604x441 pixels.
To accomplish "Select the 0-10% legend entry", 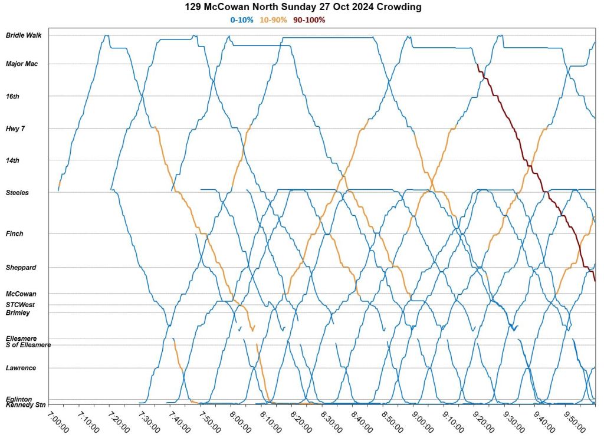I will tap(242, 20).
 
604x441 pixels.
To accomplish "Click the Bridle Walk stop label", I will tap(24, 35).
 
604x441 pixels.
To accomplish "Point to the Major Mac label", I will tap(22, 64).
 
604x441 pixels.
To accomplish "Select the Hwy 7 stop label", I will tap(15, 129).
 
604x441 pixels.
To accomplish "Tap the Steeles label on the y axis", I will tap(17, 193).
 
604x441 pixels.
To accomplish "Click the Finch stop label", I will tap(15, 234).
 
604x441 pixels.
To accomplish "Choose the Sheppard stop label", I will tap(21, 268).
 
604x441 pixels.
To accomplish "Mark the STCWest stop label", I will tap(21, 305).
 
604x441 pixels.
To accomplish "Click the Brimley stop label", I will tap(18, 313).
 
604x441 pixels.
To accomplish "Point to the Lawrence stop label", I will tap(21, 368).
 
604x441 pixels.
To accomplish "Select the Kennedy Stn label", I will tap(25, 405).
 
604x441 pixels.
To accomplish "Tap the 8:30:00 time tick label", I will tap(332, 422).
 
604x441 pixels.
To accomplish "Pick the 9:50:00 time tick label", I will tap(576, 422).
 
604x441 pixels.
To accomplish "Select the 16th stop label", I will tap(12, 96).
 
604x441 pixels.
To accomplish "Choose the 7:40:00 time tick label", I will tap(180, 422).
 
